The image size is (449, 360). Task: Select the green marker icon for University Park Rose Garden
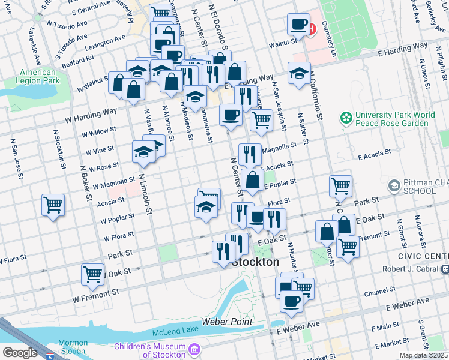[345, 116]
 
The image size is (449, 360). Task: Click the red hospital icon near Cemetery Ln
[312, 28]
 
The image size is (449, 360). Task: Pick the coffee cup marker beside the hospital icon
[298, 25]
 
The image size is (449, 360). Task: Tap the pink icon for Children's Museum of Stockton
[194, 349]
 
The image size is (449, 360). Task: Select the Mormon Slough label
[73, 347]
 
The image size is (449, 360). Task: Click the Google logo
[20, 352]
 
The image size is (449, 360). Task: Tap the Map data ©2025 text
[423, 355]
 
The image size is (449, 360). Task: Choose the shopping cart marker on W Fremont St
[92, 275]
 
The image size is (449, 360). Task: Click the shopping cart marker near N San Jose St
[53, 205]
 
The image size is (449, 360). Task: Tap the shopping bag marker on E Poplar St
[253, 179]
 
